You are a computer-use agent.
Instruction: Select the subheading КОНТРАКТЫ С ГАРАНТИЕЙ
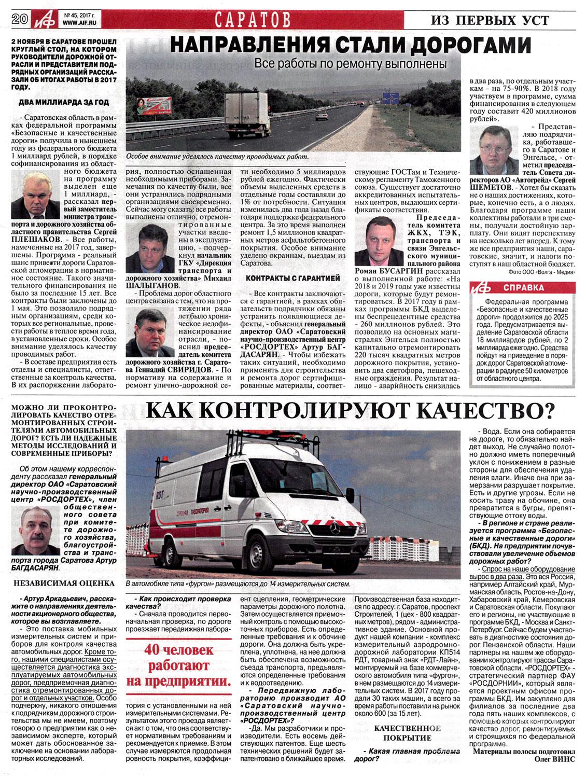pyautogui.click(x=293, y=279)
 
